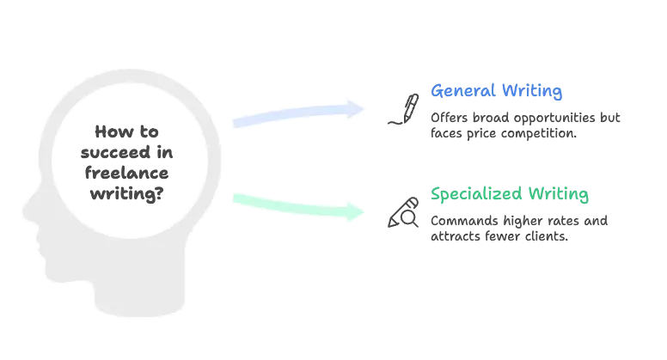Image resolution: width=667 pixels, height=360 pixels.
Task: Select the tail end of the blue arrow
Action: [234, 123]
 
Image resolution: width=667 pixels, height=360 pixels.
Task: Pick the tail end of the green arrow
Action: [234, 198]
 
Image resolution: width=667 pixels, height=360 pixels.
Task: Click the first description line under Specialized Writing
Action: [519, 218]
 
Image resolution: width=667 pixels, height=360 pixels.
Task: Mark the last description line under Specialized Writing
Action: [499, 241]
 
